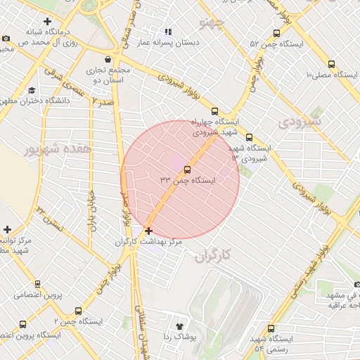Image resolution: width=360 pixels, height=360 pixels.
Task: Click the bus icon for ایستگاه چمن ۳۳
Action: coord(187,169)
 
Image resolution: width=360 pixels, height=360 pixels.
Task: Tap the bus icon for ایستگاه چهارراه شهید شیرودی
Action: coord(214,110)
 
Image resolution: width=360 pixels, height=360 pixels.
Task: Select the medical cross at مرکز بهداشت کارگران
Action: coord(148,231)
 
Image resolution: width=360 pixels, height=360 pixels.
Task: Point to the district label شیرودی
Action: coord(299,122)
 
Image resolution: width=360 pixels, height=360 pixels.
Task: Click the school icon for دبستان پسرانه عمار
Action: coord(167,32)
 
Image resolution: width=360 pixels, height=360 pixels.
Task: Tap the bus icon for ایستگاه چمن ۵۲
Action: coord(276,33)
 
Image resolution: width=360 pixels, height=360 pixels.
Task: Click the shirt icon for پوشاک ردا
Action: coord(179,326)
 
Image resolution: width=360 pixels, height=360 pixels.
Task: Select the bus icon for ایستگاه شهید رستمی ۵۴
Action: coord(271,328)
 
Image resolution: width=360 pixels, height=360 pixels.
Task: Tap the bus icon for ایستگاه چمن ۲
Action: coord(77,310)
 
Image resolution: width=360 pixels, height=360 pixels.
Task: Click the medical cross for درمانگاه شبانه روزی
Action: coord(47,20)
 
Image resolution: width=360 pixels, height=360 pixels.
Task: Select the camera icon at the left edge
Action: coord(6,38)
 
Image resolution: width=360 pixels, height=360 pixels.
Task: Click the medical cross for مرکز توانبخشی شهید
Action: coord(7,229)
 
